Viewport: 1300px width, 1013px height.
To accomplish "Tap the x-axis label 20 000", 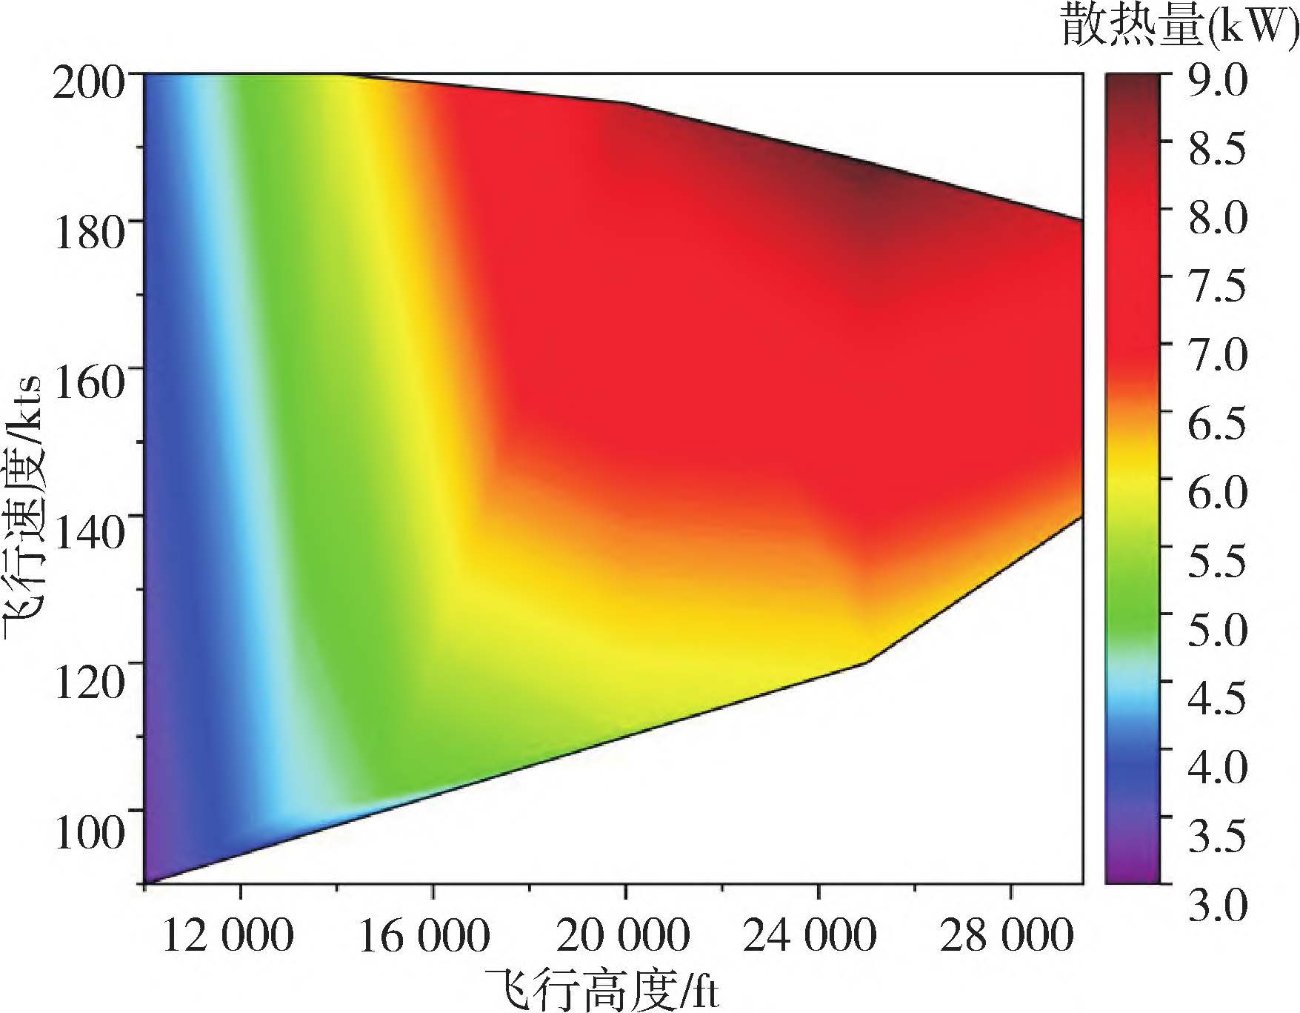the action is (623, 935).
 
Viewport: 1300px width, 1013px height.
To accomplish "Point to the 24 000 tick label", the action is (810, 935).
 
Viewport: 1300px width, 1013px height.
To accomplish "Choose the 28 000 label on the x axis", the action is (1007, 935).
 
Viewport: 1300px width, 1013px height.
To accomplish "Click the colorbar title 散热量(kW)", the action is (1179, 27).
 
